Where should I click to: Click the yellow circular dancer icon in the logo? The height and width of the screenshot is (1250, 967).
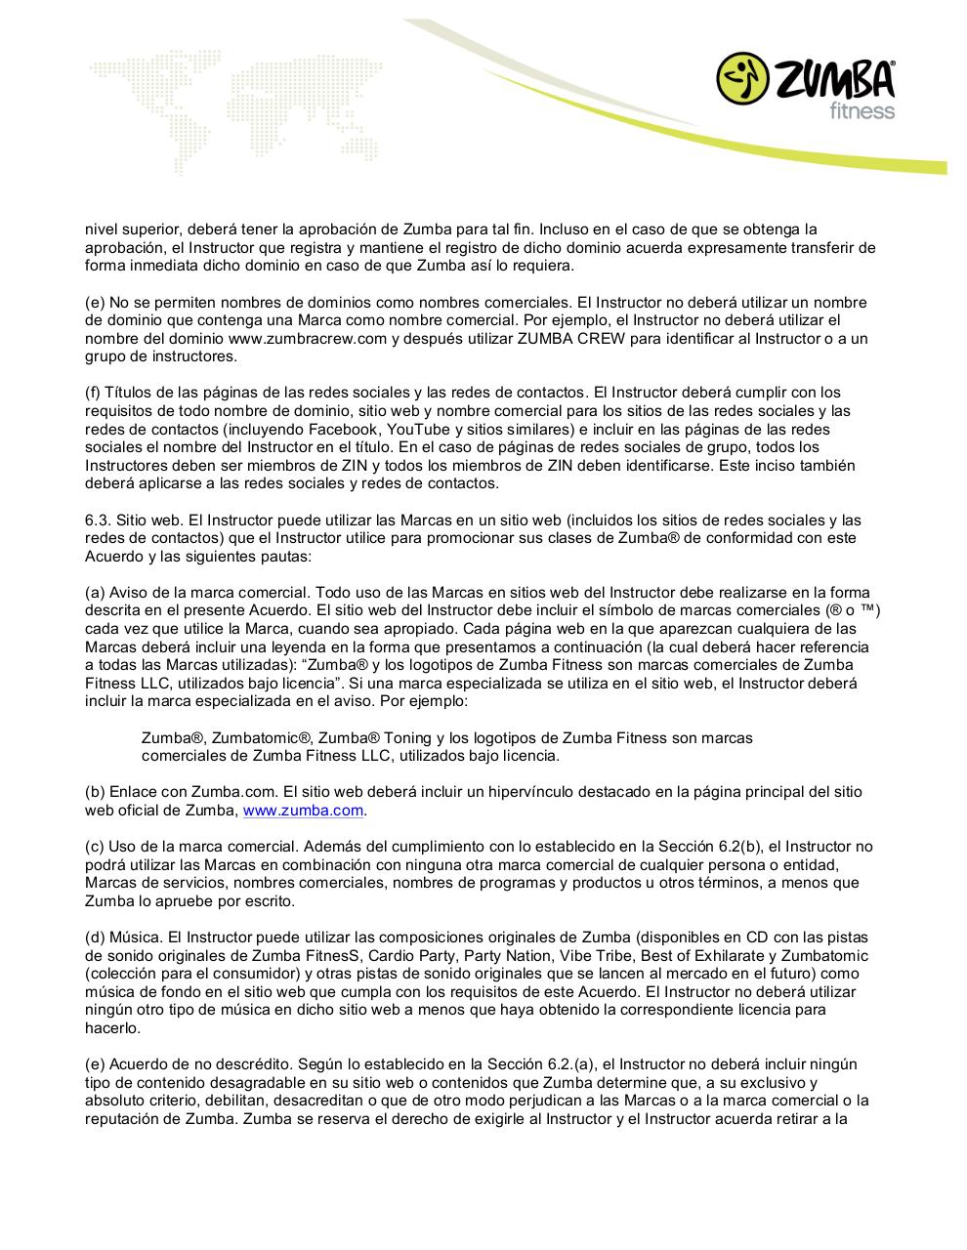[x=744, y=79]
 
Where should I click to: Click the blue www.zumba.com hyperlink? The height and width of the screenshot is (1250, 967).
[x=303, y=811]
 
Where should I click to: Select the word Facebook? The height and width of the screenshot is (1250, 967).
[x=342, y=430]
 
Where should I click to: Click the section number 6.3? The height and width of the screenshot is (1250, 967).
[x=100, y=521]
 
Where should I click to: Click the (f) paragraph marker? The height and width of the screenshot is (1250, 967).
[x=93, y=394]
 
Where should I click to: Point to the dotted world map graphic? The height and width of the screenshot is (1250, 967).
[x=244, y=103]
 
